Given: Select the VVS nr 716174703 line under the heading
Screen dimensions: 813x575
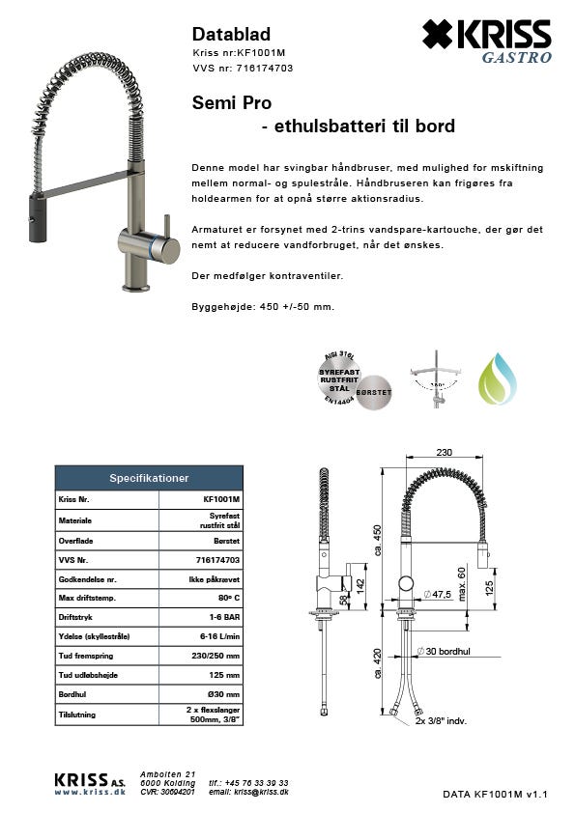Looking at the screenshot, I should tap(243, 69).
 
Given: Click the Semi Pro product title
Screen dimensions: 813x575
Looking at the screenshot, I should tap(232, 102).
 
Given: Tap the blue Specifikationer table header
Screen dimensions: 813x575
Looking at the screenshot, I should tap(149, 478).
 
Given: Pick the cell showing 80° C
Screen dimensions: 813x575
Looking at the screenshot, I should tap(226, 600).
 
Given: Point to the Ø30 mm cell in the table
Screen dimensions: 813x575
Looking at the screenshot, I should tap(225, 695).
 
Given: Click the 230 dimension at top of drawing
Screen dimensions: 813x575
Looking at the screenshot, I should tap(446, 452).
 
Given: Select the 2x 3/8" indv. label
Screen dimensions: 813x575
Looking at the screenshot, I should tap(442, 720).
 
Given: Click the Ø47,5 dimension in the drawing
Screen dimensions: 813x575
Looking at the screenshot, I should tap(439, 594).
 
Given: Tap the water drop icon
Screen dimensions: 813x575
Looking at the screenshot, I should tap(498, 378).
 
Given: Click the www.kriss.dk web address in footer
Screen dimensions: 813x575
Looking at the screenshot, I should tap(90, 792).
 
